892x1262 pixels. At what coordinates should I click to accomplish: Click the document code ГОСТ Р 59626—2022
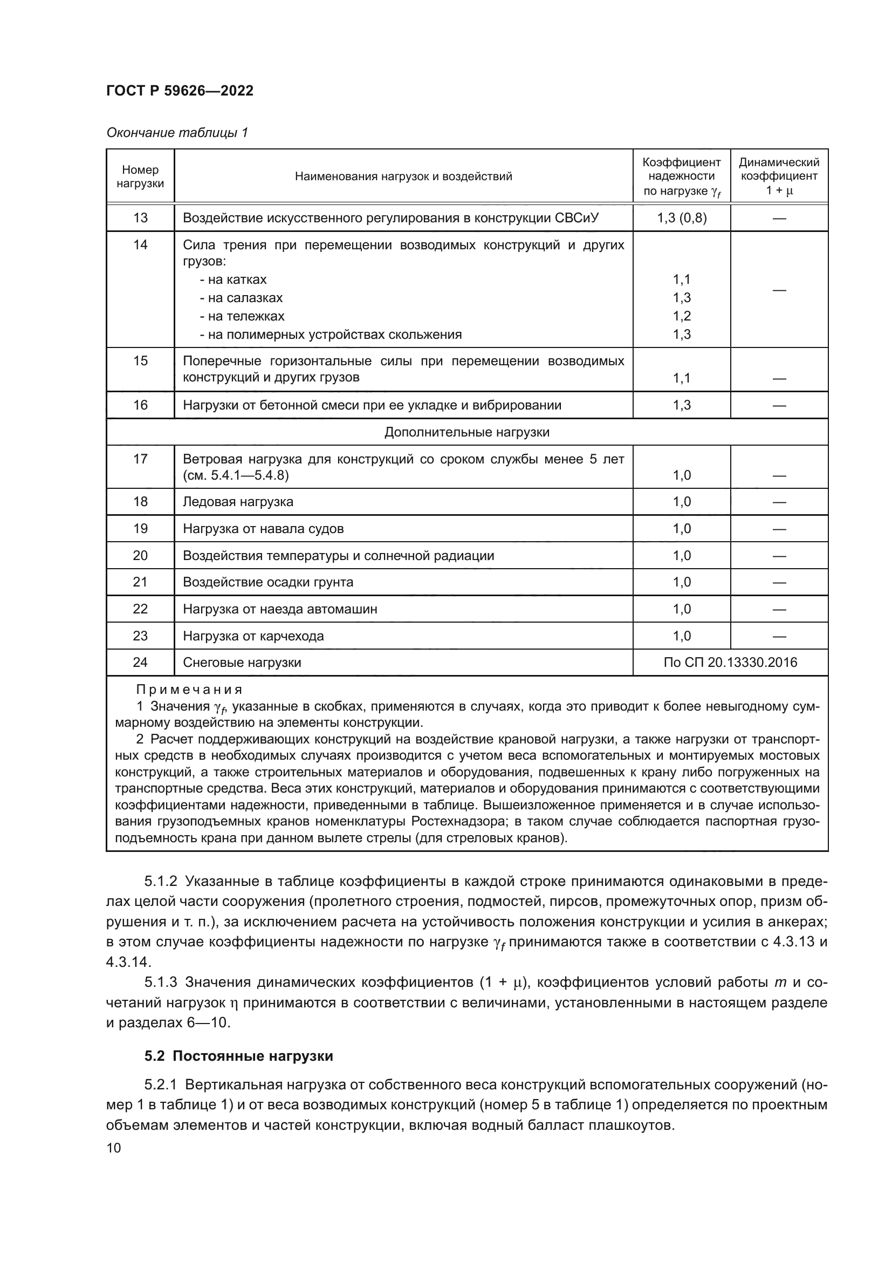[x=180, y=91]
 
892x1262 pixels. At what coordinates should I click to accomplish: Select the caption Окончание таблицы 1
[x=177, y=133]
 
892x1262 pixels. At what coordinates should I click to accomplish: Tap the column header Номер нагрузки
[x=140, y=176]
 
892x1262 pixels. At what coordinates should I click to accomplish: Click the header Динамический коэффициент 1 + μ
[x=778, y=176]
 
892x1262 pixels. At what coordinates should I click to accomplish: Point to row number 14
[x=140, y=244]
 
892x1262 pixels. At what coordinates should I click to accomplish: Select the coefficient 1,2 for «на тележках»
[x=681, y=316]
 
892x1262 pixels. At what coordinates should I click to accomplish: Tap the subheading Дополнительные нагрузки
[x=466, y=432]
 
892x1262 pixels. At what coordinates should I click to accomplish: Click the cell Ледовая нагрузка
[x=238, y=502]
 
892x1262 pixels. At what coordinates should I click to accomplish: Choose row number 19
[x=140, y=529]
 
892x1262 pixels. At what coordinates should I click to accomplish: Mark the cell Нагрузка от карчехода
[x=253, y=636]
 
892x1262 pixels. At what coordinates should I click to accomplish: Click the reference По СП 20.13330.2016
[x=730, y=663]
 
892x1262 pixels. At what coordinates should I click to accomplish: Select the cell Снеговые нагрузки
[x=242, y=663]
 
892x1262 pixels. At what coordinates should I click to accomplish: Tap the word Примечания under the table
[x=189, y=689]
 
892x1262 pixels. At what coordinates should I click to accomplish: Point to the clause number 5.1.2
[x=160, y=881]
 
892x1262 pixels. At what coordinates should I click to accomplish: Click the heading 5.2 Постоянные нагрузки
[x=238, y=1056]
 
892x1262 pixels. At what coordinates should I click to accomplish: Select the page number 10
[x=114, y=1148]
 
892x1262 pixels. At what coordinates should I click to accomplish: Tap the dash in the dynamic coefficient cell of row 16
[x=778, y=406]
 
